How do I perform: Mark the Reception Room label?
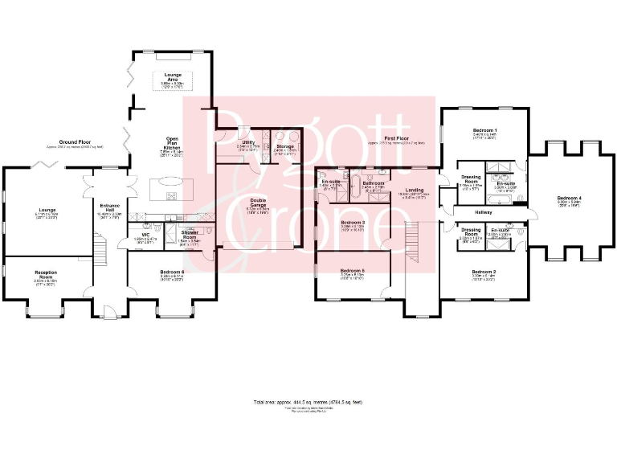[x=46, y=276]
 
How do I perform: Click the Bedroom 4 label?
[x=570, y=200]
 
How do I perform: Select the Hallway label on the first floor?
[x=484, y=212]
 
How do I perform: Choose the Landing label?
[x=415, y=191]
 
